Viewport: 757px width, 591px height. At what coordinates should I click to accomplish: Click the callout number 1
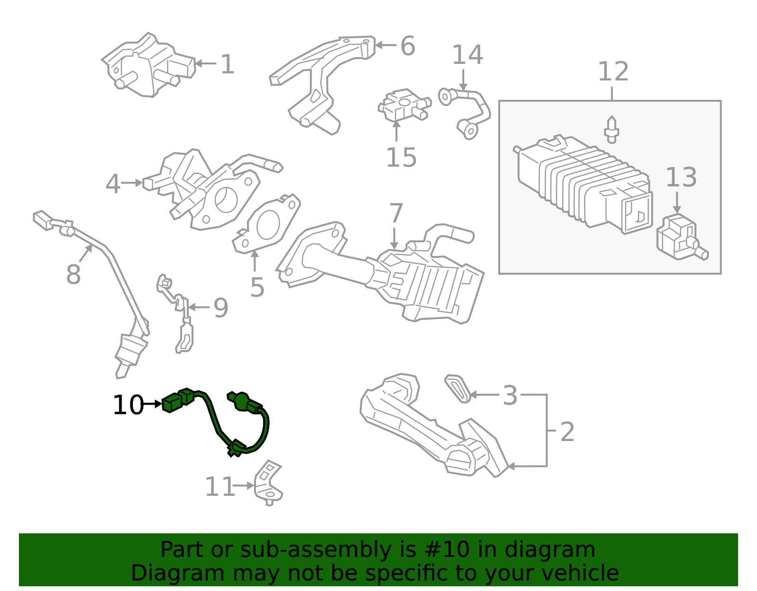pyautogui.click(x=228, y=64)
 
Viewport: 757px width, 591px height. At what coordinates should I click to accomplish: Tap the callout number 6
pyautogui.click(x=407, y=46)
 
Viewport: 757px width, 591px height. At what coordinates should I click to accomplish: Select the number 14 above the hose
pyautogui.click(x=467, y=55)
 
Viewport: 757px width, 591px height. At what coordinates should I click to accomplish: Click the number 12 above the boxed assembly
pyautogui.click(x=613, y=72)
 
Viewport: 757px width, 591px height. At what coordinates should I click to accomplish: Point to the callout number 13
pyautogui.click(x=681, y=178)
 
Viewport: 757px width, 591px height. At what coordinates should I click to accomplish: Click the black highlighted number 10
pyautogui.click(x=128, y=406)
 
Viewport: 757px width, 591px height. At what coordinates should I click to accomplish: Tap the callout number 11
pyautogui.click(x=220, y=487)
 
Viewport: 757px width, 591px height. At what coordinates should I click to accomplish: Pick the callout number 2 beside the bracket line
pyautogui.click(x=567, y=432)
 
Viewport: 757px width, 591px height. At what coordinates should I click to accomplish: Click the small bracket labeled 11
pyautogui.click(x=268, y=484)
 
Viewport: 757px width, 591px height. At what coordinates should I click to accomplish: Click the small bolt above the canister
pyautogui.click(x=612, y=129)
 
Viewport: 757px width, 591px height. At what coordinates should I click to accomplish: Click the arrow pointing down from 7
pyautogui.click(x=394, y=238)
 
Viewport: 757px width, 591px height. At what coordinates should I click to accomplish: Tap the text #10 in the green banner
pyautogui.click(x=447, y=550)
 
